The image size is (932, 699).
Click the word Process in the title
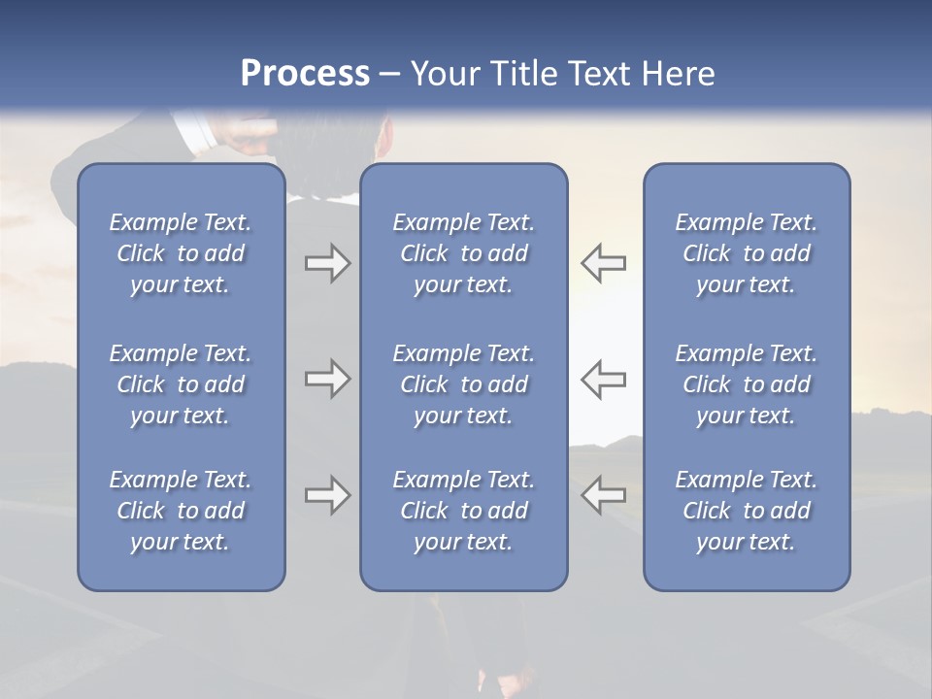pos(305,74)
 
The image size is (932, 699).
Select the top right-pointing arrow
pos(327,263)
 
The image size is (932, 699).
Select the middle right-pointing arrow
pos(327,379)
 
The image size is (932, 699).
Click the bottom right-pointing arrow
pos(327,495)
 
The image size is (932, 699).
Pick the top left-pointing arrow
pos(603,263)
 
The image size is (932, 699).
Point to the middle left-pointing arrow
pos(603,379)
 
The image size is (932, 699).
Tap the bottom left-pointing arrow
pos(603,495)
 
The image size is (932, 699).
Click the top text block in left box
pos(181,253)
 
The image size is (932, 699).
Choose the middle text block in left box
pos(181,384)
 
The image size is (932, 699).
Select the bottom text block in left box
pos(181,511)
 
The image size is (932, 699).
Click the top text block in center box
pos(463,253)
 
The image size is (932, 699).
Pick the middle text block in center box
pos(463,384)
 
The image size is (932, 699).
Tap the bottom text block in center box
pos(463,511)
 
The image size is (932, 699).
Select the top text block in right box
pos(746,253)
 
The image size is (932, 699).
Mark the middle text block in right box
pos(746,384)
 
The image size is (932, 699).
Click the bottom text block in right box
pos(746,511)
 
